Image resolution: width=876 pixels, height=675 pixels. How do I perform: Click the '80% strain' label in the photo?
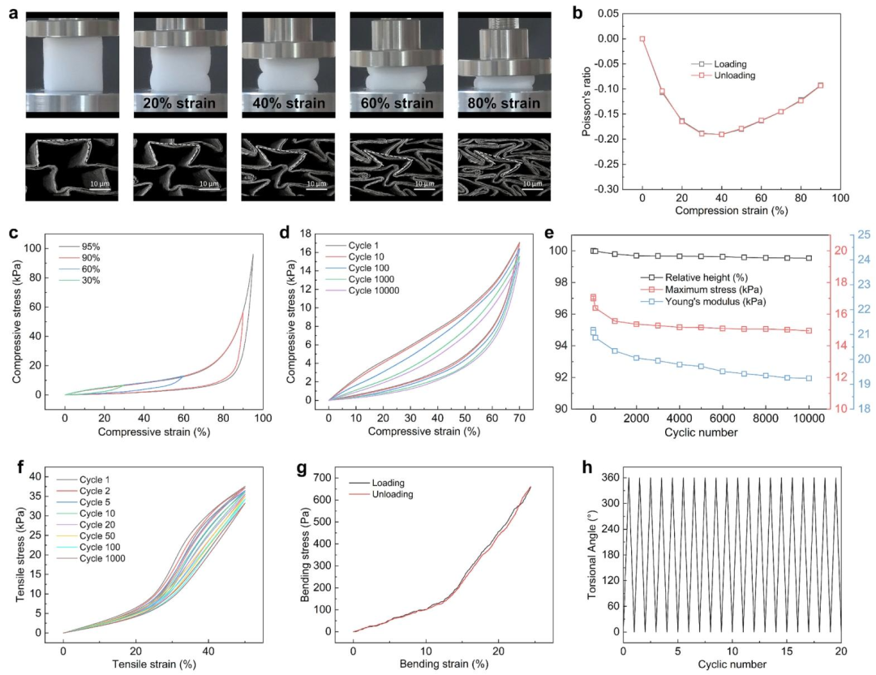click(505, 103)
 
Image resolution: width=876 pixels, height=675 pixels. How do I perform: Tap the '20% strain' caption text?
click(179, 103)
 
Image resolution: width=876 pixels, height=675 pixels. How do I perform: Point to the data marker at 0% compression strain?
click(642, 39)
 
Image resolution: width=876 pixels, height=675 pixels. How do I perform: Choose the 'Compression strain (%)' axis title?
click(732, 211)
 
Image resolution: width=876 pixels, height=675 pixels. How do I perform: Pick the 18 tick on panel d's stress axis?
click(306, 234)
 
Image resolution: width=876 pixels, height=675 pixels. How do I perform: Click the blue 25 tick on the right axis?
click(864, 234)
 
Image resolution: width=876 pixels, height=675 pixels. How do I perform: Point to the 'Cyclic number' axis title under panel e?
click(701, 432)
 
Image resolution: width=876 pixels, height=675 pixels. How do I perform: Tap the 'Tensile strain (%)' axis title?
click(154, 664)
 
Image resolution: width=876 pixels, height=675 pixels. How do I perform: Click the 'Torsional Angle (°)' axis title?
click(592, 553)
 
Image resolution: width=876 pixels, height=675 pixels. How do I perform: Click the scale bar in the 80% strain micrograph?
click(532, 190)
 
